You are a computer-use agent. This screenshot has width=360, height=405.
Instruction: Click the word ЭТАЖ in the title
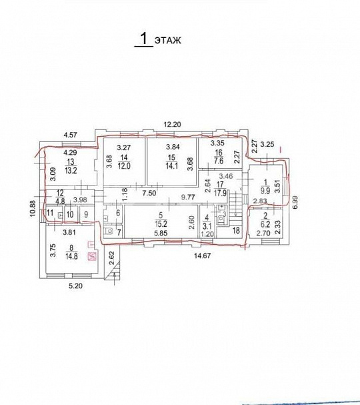pos(168,40)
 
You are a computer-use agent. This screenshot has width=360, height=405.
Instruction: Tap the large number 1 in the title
pos(144,38)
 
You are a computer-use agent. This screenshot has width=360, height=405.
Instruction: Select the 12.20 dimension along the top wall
pos(172,125)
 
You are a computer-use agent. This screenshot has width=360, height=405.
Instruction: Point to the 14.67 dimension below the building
pos(202,256)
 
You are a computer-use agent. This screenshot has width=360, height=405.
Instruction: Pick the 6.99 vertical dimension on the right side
pos(295,202)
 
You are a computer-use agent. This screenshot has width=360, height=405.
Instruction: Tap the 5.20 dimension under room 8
pos(76,286)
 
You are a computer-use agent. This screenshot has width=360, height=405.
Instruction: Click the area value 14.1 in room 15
pos(171,165)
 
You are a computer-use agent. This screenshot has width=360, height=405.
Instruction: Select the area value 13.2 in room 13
pos(71,170)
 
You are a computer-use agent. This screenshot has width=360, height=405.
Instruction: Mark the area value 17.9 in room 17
pos(220,193)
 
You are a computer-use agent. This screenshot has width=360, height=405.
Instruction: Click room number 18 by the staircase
pos(236,230)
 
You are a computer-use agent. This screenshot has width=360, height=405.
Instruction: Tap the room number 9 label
pos(86,214)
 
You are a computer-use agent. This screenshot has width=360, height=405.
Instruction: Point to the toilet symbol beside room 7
pos(109,230)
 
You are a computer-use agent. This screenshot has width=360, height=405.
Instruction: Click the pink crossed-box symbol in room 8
pos(92,257)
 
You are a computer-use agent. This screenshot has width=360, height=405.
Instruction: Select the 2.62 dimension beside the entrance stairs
pos(111,258)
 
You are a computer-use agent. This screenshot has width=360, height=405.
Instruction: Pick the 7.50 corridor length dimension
pos(149,193)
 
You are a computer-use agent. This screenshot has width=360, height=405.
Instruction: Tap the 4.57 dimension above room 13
pos(71,135)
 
